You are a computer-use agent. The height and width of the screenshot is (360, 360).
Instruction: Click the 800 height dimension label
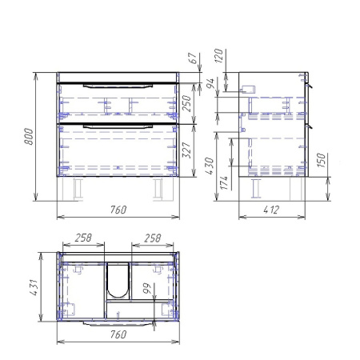click(x=29, y=137)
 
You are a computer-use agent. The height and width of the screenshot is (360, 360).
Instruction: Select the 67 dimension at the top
click(x=193, y=58)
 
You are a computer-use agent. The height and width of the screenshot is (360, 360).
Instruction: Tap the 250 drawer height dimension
click(x=186, y=103)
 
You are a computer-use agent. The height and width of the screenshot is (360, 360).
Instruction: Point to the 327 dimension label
click(x=186, y=150)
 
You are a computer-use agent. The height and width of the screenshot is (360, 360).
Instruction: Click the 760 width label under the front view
click(x=118, y=210)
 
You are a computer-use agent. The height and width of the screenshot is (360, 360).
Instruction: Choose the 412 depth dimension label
click(x=271, y=210)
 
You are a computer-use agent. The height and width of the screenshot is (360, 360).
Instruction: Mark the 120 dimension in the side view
click(x=218, y=56)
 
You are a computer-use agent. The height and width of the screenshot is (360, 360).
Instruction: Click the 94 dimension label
click(x=210, y=83)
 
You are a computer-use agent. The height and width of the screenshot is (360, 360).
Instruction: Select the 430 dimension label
click(x=210, y=166)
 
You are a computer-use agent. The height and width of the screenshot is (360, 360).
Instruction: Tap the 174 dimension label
click(x=224, y=182)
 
